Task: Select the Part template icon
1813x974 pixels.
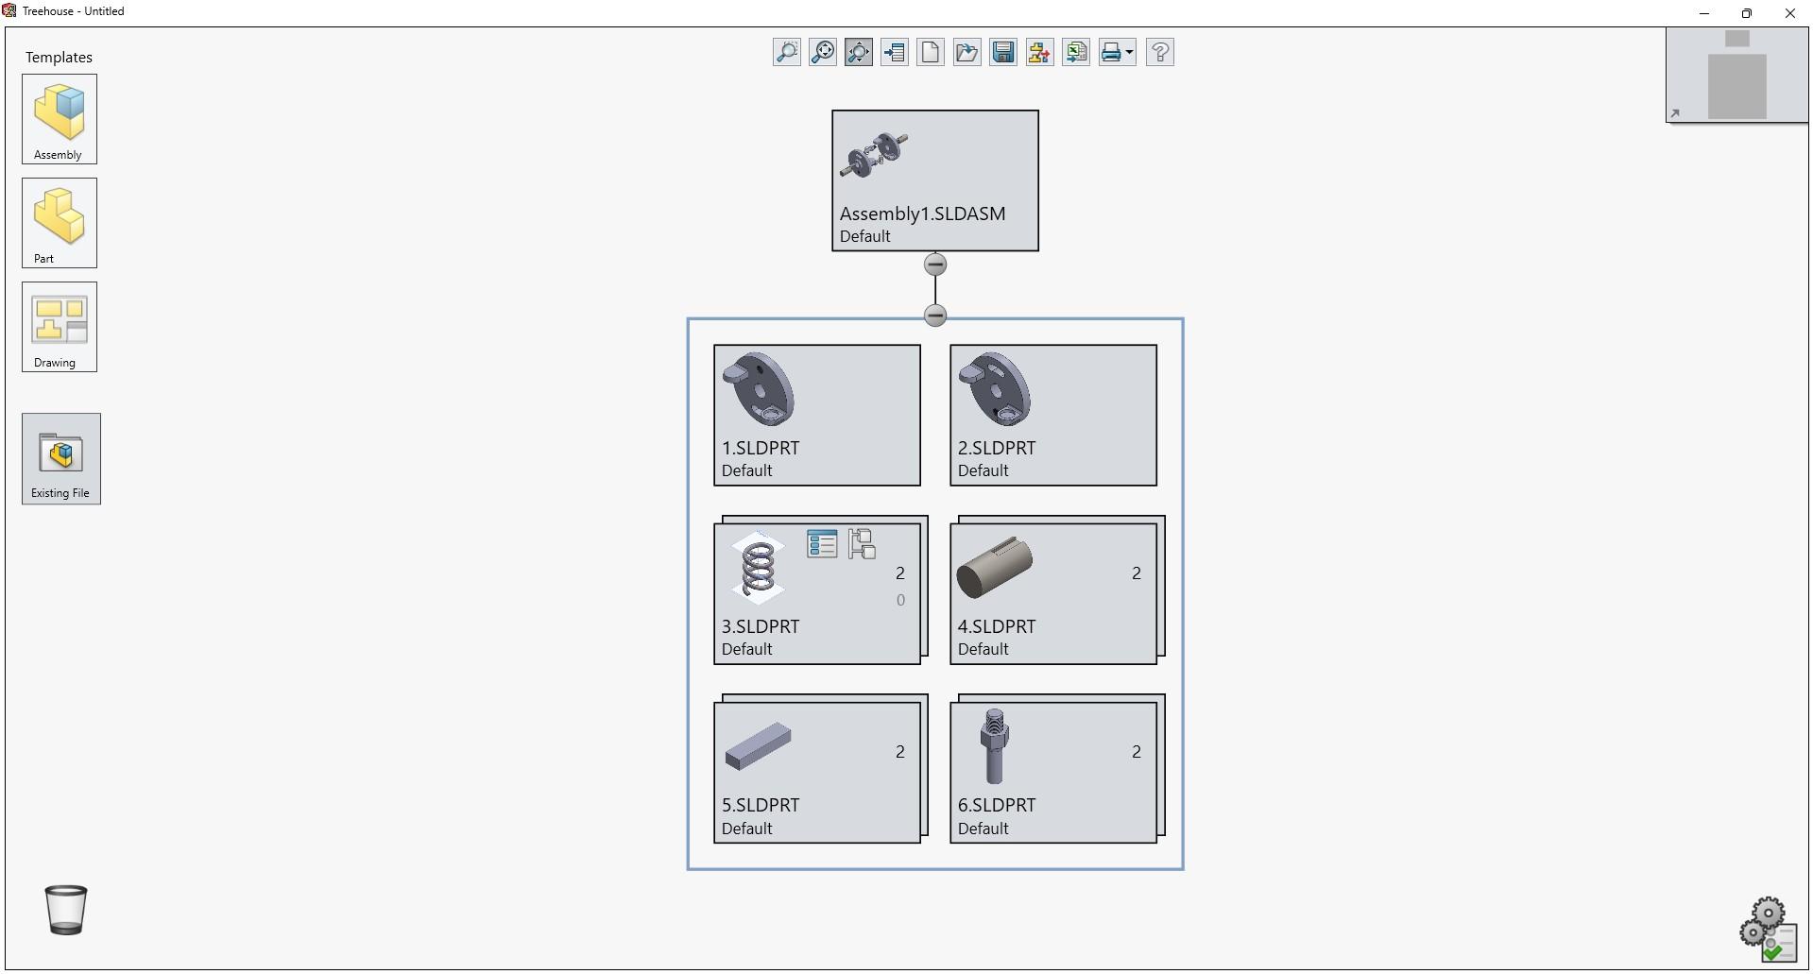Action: coord(60,216)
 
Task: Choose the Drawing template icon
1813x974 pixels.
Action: coord(60,320)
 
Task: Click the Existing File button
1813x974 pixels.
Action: coord(61,455)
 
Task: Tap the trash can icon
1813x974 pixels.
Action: coord(66,909)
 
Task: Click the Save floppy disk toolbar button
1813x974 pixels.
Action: coord(1003,52)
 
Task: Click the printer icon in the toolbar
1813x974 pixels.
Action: coord(1111,52)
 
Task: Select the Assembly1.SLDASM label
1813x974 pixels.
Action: coord(922,214)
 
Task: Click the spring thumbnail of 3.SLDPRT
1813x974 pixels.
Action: coord(758,568)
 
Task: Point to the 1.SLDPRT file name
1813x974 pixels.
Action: coord(761,449)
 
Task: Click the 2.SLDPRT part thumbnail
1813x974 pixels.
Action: coord(995,389)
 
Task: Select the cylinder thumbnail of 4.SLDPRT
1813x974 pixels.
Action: coord(994,568)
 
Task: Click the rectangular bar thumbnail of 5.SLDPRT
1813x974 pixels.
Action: coord(758,746)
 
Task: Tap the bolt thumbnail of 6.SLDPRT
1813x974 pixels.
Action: coord(994,746)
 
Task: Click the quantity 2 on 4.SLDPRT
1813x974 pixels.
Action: coord(1137,573)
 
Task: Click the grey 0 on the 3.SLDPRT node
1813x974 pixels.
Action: coord(900,600)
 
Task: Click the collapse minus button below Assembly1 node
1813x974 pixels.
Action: coord(935,265)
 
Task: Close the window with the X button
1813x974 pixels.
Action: coord(1789,13)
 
